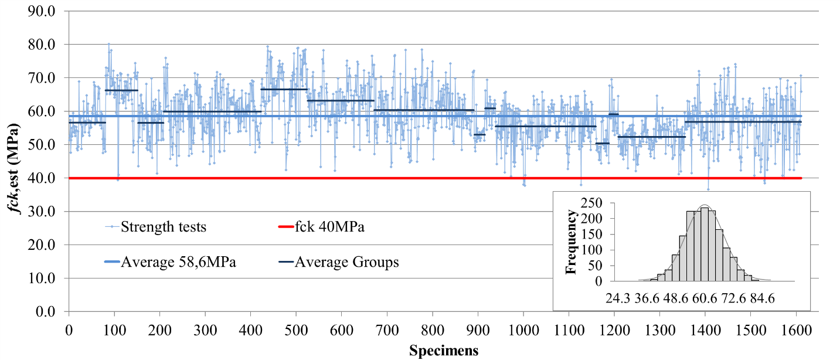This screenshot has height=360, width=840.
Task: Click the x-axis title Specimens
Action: [x=443, y=351]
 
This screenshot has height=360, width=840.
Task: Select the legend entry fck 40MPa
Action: [x=329, y=227]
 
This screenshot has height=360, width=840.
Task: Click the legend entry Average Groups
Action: [x=346, y=262]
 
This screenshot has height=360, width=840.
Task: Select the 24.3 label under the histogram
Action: [x=618, y=298]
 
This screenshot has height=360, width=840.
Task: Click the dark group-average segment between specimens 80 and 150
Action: [x=121, y=90]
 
